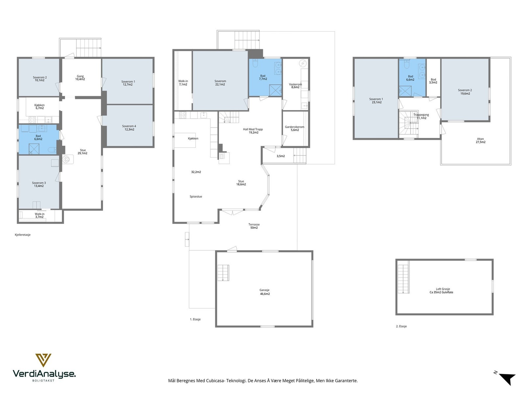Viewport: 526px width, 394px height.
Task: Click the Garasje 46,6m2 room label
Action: point(265,292)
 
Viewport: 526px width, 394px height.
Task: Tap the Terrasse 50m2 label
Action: point(254,226)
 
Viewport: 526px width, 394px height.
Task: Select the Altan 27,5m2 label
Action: point(481,141)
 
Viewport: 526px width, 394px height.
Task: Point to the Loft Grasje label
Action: point(443,289)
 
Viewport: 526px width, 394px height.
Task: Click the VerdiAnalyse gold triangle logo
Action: point(43,360)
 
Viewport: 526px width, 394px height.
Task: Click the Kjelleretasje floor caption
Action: point(23,235)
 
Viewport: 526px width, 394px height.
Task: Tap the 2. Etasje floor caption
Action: point(401,326)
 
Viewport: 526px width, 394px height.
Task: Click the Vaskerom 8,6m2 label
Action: point(295,86)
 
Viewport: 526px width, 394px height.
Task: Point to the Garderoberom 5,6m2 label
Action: point(295,128)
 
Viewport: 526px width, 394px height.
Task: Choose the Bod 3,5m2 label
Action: point(433,81)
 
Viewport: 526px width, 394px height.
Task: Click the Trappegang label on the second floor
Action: point(421,115)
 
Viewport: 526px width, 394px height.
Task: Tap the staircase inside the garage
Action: point(223,273)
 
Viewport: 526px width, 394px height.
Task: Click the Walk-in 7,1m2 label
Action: point(183,83)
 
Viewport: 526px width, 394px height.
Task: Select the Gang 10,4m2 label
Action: point(80,78)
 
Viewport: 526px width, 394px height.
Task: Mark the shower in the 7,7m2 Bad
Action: point(275,90)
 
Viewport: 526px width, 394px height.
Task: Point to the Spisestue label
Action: point(196,197)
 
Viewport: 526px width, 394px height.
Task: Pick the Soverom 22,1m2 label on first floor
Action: point(220,83)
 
